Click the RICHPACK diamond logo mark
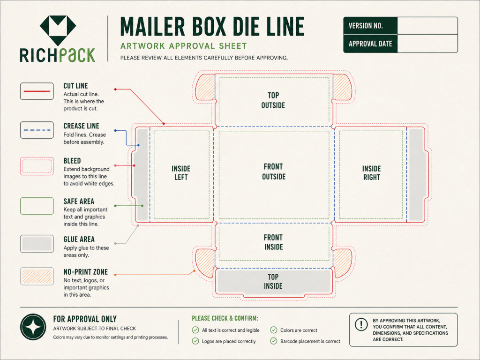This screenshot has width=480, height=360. pos(58,30)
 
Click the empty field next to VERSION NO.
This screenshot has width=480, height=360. pos(427,26)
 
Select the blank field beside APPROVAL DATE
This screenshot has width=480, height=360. pos(427,44)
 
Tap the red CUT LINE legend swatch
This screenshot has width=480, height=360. pos(37,91)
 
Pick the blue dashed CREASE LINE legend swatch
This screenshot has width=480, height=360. pos(37,130)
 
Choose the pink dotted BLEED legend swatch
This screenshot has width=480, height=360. pos(37,166)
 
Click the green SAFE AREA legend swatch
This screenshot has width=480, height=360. pos(37,206)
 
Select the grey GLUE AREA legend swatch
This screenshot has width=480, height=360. pos(37,244)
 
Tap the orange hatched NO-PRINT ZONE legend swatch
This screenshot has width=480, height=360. pos(37,277)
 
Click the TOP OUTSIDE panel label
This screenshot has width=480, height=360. pos(273,100)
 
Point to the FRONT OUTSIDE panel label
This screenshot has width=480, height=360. pos(274,172)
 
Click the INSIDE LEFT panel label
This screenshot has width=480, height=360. pos(181,173)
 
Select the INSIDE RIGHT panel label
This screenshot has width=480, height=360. pos(372,173)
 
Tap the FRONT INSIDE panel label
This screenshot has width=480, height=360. pos(273,242)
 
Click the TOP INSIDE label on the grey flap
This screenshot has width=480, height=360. pos(273,281)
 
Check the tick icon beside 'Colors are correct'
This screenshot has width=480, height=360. pos(274,330)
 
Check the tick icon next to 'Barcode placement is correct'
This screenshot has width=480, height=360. pos(274,341)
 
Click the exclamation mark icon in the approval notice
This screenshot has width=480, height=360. pos(361,324)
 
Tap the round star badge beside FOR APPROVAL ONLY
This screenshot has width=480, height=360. pos(33,327)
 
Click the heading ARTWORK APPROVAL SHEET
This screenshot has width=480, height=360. pos(184,46)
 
